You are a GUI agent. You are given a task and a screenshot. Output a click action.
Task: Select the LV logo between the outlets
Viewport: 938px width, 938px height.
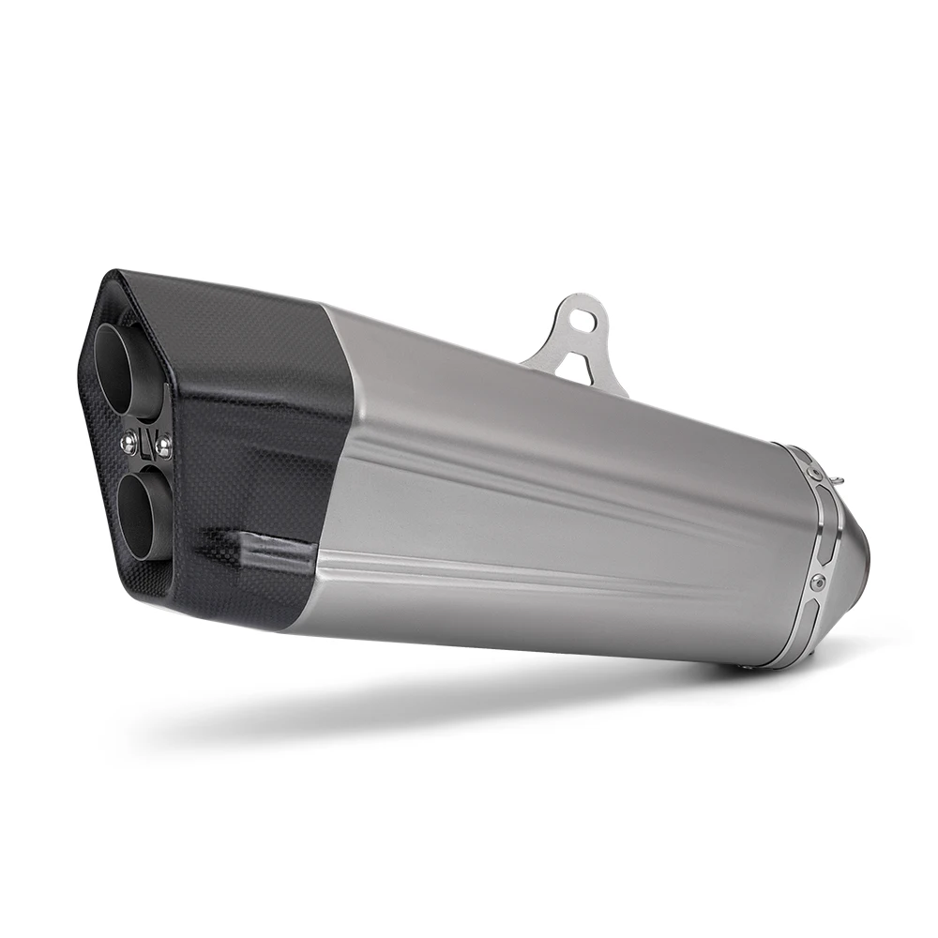click(145, 436)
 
